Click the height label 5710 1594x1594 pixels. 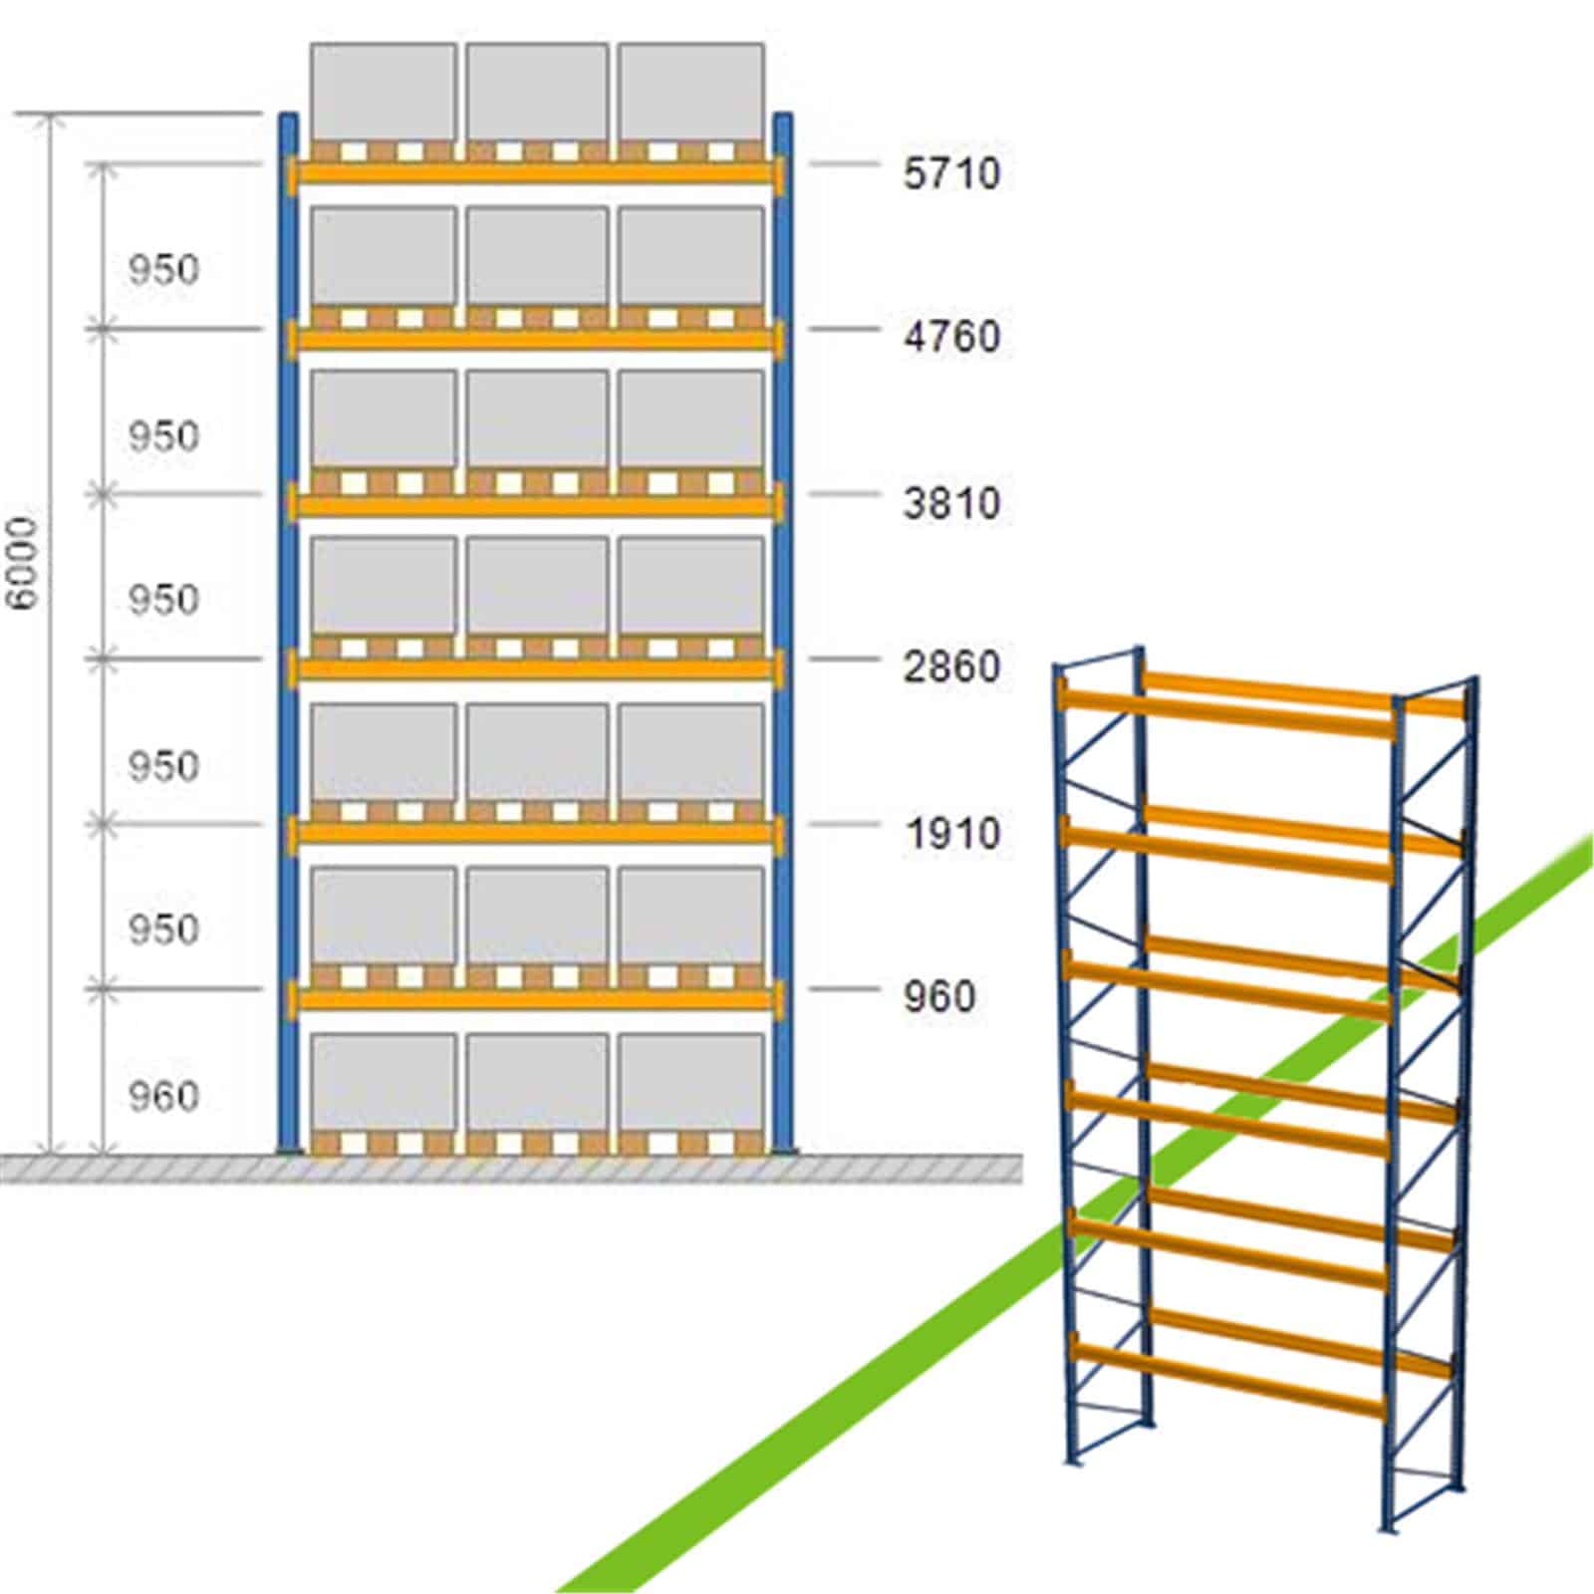[950, 173]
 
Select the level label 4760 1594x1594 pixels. [950, 337]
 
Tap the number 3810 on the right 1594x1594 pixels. [950, 503]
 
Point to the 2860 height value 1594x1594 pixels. [950, 666]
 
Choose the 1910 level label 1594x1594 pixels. [950, 833]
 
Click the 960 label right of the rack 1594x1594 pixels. [938, 996]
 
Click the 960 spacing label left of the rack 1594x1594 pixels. [163, 1096]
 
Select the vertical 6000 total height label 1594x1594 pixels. [22, 563]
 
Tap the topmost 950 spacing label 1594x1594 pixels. [163, 270]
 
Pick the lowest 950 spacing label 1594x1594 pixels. [163, 930]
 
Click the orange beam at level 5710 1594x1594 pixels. [537, 172]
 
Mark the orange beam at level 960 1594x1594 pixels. [537, 997]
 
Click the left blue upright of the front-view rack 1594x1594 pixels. [287, 634]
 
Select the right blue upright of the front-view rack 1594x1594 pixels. [783, 634]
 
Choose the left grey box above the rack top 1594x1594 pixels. [384, 91]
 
